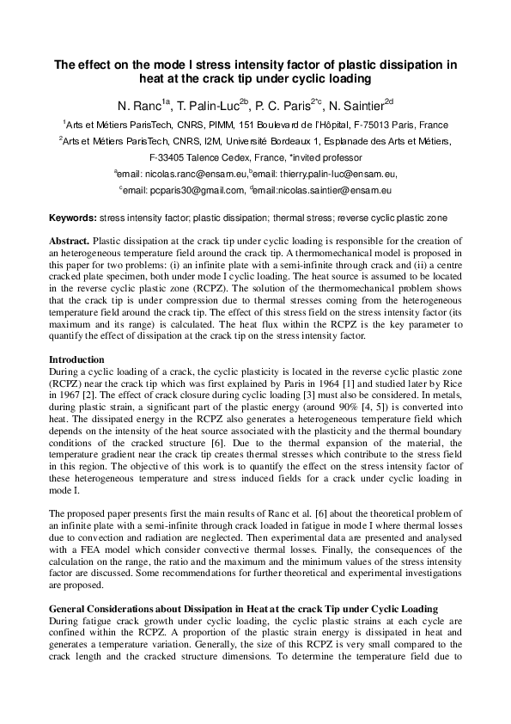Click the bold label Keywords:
(73, 218)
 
